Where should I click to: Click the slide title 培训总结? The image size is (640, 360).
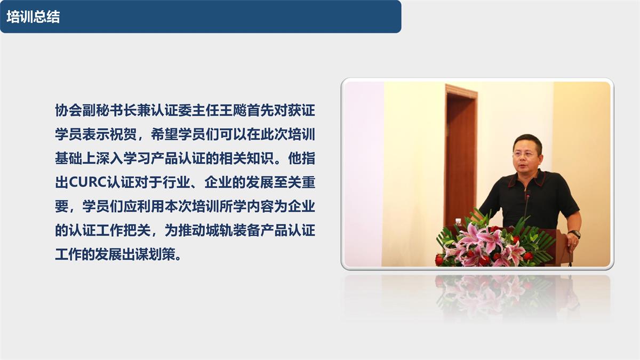click(x=33, y=17)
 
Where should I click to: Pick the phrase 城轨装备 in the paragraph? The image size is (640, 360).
click(x=235, y=230)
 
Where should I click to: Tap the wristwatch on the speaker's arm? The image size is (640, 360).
click(x=574, y=234)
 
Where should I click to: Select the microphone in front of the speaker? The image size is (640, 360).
click(x=527, y=203)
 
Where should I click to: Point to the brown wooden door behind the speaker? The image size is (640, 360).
click(x=460, y=155)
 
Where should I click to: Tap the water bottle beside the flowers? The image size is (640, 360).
click(x=458, y=222)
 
